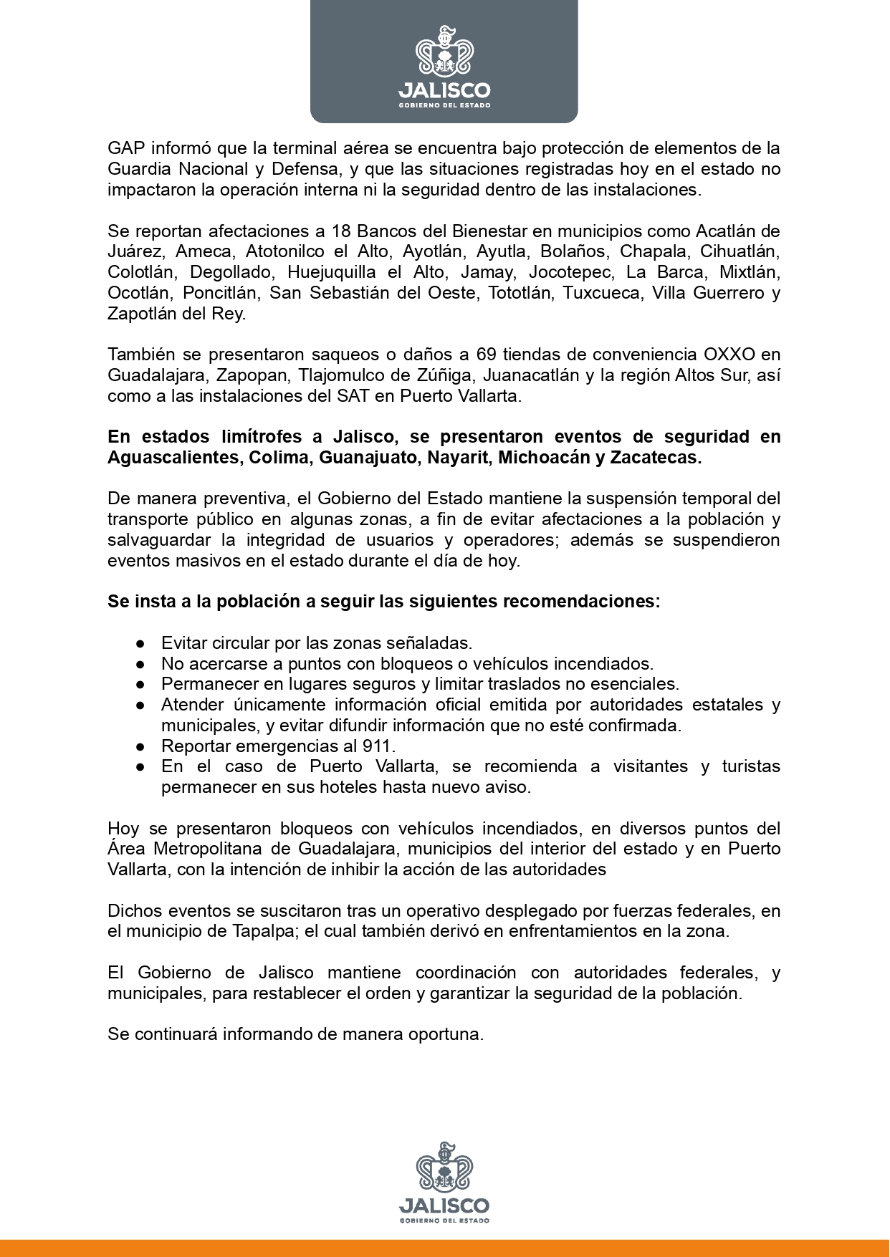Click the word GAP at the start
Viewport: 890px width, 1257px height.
pos(125,148)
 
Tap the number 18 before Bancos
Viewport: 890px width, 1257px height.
pos(340,231)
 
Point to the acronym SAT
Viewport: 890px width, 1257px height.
pos(353,396)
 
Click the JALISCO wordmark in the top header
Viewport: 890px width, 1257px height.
pos(444,90)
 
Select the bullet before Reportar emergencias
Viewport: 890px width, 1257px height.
pos(141,746)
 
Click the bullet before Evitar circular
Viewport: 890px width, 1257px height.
pos(141,643)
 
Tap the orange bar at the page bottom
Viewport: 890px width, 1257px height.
pos(444,1248)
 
